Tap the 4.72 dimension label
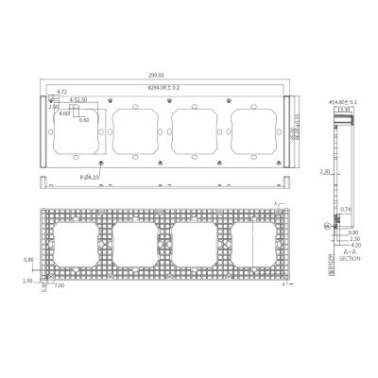tap(61, 92)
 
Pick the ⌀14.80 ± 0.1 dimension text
tap(341, 100)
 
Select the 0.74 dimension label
tap(346, 209)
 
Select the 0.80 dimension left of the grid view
tap(29, 259)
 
